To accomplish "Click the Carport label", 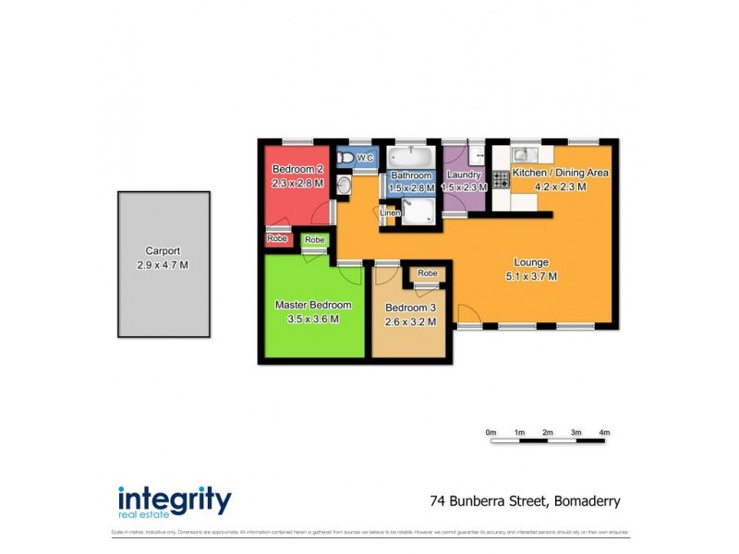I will click(x=163, y=250).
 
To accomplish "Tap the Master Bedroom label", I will click(x=313, y=305).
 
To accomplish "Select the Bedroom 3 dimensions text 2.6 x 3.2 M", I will click(x=410, y=321).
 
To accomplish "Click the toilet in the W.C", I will click(x=345, y=159).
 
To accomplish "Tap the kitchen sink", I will click(x=522, y=154).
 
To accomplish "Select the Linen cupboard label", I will click(x=390, y=214).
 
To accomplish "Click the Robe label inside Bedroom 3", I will click(x=427, y=273).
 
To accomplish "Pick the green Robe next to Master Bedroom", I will click(x=315, y=240).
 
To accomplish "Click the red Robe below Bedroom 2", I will click(x=277, y=238).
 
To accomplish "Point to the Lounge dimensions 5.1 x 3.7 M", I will click(x=530, y=276).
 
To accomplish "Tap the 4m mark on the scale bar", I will click(x=604, y=432).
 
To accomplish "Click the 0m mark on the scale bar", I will click(x=491, y=432).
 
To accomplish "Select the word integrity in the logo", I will click(x=175, y=499).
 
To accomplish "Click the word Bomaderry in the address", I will click(x=587, y=501).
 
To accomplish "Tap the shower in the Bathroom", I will click(x=418, y=213).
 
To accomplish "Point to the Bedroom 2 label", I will click(x=297, y=169).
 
